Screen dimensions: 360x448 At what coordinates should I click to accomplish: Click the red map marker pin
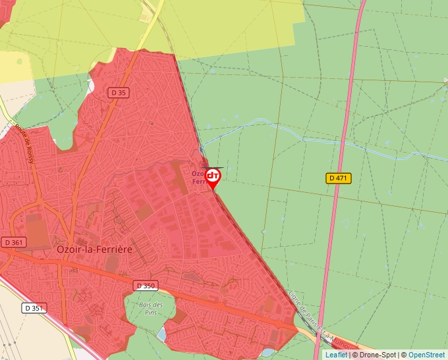point(213,177)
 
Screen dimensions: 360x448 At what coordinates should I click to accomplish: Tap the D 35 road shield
point(119,93)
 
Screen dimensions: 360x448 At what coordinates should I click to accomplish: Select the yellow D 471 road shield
point(339,178)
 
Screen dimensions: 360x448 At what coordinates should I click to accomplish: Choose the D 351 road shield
point(35,307)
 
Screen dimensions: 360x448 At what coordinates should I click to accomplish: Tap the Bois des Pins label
point(150,308)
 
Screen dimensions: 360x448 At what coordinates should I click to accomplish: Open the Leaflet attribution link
point(336,355)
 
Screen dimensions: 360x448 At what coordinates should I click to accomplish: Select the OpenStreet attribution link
point(428,355)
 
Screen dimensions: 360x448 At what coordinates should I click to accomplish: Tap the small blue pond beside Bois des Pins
point(161,334)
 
